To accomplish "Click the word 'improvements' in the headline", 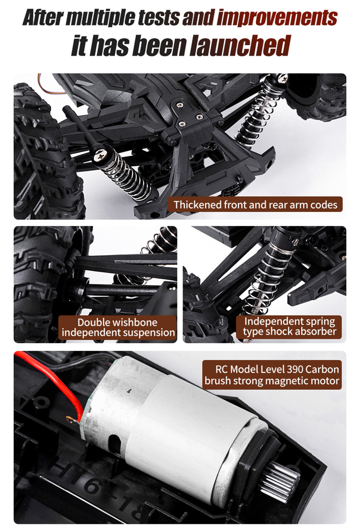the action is click(x=277, y=17).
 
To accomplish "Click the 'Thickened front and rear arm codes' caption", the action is click(x=255, y=205).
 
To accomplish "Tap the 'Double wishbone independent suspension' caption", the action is click(x=118, y=327).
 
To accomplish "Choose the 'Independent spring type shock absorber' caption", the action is click(x=289, y=327).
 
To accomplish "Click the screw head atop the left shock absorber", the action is click(x=100, y=154).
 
